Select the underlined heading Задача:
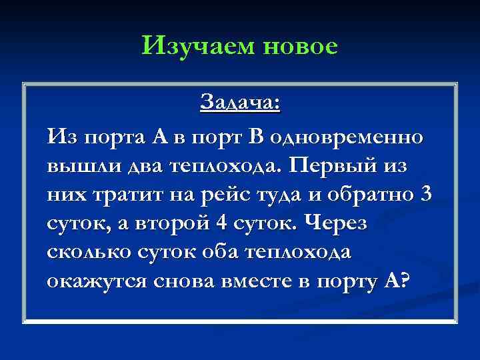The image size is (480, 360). [240, 104]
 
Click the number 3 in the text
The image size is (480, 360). [427, 195]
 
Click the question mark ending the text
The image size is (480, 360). [398, 282]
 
